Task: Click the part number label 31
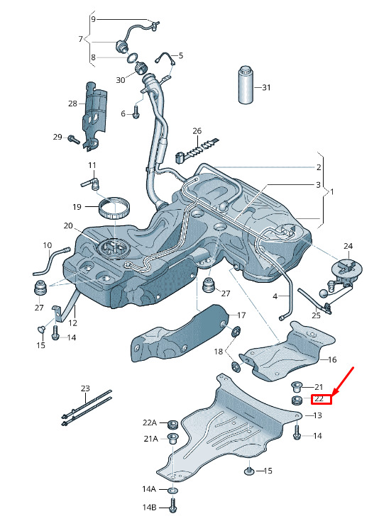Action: click(266, 87)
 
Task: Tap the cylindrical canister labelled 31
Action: click(246, 84)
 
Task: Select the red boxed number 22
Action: click(321, 398)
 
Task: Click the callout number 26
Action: click(197, 131)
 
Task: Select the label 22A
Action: click(150, 422)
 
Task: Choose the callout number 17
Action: click(241, 315)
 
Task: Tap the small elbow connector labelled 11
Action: click(92, 182)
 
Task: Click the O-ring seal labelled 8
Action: click(132, 58)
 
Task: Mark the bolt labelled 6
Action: click(136, 112)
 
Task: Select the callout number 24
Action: click(348, 246)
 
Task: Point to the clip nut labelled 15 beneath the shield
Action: click(249, 471)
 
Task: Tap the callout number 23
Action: click(85, 388)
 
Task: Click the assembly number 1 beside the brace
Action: click(331, 191)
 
